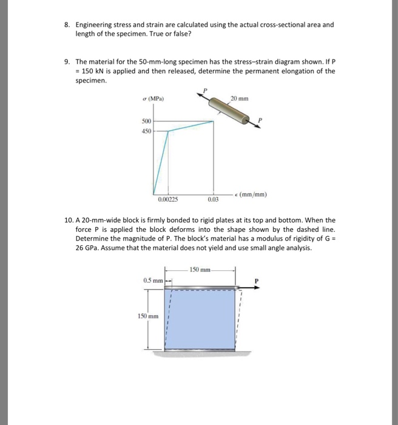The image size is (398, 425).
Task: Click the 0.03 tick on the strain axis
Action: pos(212,199)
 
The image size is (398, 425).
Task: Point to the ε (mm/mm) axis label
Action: pos(252,195)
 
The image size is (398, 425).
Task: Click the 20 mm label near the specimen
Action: pos(239,98)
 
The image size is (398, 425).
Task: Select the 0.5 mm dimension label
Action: pos(153,280)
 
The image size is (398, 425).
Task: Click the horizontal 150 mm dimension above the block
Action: pos(200,268)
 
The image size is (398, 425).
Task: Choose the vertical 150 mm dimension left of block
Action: pos(149,316)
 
